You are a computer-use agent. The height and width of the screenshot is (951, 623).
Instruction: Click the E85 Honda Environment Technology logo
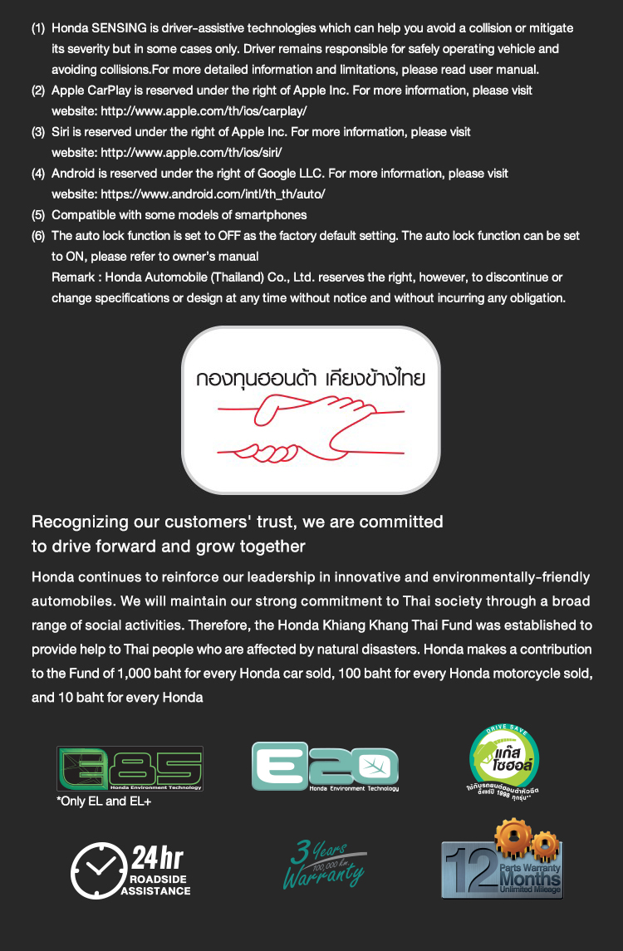(x=130, y=768)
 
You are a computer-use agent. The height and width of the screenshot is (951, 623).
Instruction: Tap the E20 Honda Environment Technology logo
(x=325, y=766)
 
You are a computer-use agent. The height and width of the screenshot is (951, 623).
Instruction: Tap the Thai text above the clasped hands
(x=311, y=379)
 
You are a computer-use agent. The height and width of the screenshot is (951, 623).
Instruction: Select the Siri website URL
(x=191, y=152)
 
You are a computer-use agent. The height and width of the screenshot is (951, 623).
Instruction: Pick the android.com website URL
(x=213, y=194)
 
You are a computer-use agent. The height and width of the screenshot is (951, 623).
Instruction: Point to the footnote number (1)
(x=38, y=28)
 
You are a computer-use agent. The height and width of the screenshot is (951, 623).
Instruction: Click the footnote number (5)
(x=38, y=215)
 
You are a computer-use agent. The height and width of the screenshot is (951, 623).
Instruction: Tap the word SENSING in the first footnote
(x=118, y=28)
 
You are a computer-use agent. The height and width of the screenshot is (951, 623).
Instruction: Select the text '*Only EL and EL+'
(x=104, y=801)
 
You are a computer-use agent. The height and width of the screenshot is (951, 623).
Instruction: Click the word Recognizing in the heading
(x=79, y=522)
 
